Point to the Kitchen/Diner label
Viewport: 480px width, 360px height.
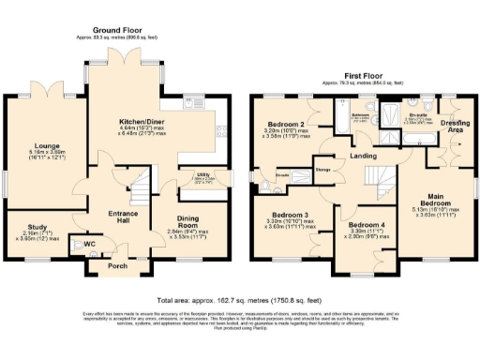click(142, 123)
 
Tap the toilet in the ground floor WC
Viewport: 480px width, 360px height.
click(95, 246)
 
